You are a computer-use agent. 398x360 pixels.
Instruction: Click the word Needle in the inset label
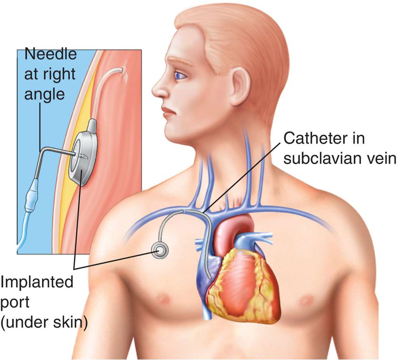[x=51, y=54]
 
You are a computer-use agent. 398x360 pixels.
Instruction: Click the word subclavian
[x=321, y=158]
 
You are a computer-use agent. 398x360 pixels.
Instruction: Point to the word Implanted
[x=37, y=282]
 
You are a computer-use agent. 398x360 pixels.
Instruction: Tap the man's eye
[x=180, y=75]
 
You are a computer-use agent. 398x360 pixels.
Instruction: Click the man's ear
[x=240, y=86]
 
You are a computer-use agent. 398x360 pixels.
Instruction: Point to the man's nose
[x=159, y=90]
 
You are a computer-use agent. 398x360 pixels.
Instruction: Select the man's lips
[x=168, y=113]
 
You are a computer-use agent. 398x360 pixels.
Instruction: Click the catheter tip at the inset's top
[x=124, y=70]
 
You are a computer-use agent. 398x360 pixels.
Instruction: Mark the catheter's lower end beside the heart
[x=210, y=277]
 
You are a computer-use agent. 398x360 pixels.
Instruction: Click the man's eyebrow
[x=180, y=62]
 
